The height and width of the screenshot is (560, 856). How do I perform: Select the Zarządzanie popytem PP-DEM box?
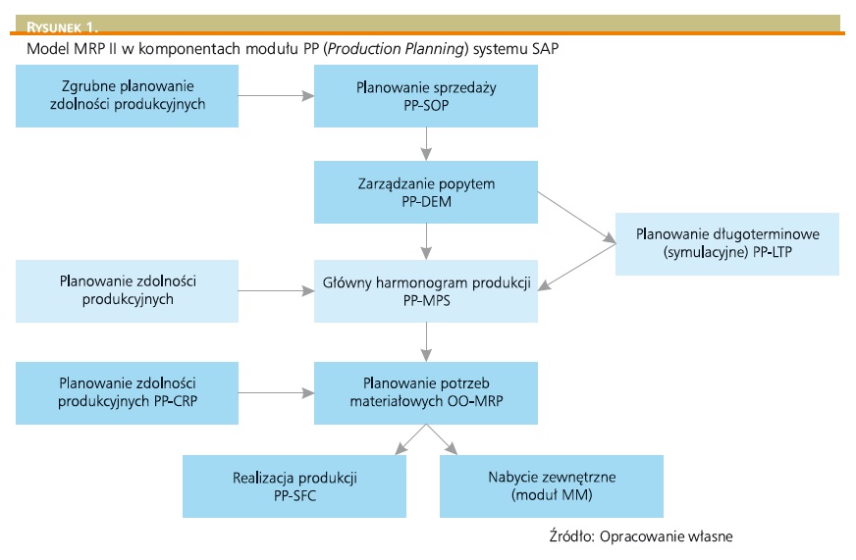click(425, 191)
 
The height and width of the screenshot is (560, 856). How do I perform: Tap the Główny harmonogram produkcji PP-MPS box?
click(425, 291)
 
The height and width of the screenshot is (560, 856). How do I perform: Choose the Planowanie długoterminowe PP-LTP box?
click(727, 243)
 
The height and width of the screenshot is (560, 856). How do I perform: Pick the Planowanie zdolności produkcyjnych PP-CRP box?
click(127, 392)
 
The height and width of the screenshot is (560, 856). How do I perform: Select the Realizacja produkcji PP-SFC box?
click(294, 486)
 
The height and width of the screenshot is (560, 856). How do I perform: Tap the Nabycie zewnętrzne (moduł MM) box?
click(552, 486)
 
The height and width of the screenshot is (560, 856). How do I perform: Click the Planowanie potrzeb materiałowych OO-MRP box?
click(425, 392)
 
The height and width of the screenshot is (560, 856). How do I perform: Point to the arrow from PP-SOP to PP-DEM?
click(426, 143)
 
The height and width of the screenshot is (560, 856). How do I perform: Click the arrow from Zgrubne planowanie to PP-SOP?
click(276, 95)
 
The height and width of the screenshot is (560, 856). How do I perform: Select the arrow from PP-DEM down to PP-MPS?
click(426, 241)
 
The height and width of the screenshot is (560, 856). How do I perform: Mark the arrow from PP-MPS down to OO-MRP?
click(426, 342)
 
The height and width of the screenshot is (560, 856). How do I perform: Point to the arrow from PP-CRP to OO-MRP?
click(276, 393)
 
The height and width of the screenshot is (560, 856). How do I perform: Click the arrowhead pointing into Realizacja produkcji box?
click(399, 449)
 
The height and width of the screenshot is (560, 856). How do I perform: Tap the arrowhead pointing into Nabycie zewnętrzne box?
click(453, 449)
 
